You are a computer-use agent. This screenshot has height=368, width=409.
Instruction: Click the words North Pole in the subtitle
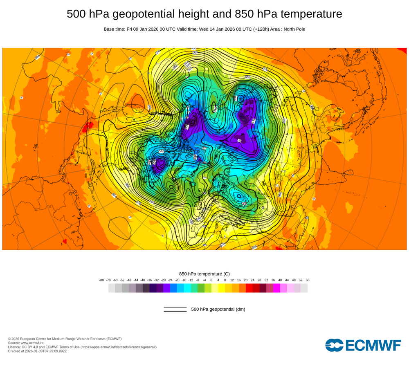293,29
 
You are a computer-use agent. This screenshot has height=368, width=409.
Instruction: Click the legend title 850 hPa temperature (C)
204,274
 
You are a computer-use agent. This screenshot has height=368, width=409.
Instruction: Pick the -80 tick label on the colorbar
101,280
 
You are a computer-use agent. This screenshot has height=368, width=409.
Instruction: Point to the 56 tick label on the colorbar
307,280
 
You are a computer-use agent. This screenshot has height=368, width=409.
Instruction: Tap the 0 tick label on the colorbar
211,280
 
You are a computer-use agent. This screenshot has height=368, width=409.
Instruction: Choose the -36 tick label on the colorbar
149,280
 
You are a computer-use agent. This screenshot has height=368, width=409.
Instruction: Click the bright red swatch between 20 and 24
249,288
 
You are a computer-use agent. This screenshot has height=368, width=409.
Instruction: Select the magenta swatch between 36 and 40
276,288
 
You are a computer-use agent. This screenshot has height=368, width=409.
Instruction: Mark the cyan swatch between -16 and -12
187,288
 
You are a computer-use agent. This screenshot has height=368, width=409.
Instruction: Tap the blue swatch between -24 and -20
173,288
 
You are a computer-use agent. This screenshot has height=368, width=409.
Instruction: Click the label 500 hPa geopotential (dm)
218,309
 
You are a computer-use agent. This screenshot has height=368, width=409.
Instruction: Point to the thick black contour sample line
175,311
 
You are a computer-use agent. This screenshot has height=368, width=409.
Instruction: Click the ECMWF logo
363,345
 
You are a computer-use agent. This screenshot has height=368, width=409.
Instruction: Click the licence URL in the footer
118,347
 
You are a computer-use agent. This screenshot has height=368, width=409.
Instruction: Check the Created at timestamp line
37,351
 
